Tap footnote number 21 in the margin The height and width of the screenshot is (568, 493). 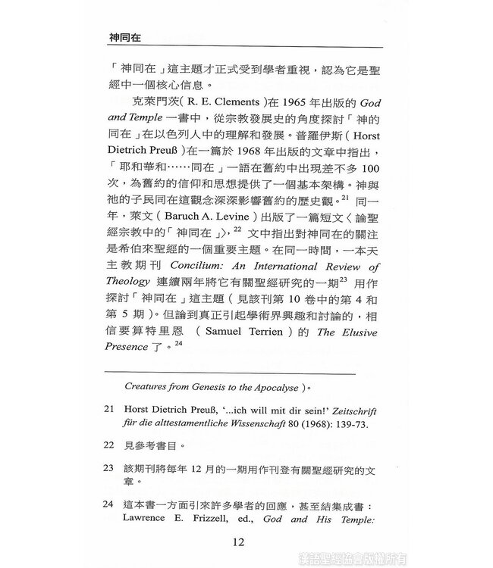click(111, 409)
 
